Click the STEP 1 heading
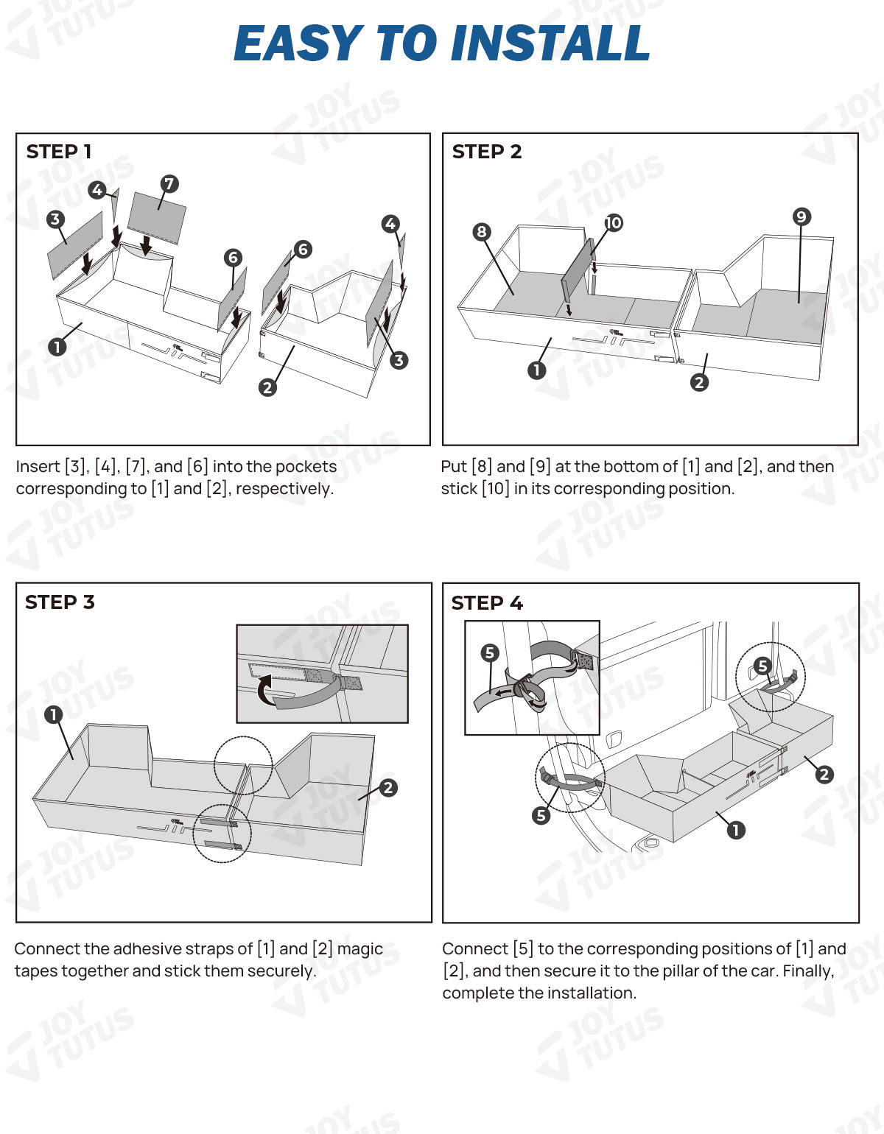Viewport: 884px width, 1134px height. [x=59, y=152]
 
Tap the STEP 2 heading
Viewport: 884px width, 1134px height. [x=486, y=152]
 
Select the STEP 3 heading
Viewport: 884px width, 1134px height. [x=60, y=602]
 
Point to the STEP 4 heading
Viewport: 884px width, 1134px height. [x=486, y=603]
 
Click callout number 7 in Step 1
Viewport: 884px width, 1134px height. [x=169, y=183]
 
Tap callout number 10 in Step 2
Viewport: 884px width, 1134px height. [x=613, y=222]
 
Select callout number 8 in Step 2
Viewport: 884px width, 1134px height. [x=481, y=232]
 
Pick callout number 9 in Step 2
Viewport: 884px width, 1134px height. [x=801, y=216]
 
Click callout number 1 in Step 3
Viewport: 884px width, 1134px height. [x=53, y=714]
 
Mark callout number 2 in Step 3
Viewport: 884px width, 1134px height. [x=388, y=788]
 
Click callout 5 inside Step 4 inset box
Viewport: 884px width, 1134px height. [x=489, y=652]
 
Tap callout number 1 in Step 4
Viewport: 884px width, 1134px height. [x=735, y=830]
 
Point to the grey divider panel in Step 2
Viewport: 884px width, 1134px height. [x=576, y=275]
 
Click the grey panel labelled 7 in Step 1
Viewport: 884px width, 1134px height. [x=157, y=217]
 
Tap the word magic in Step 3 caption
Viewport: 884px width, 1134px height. [x=360, y=949]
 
